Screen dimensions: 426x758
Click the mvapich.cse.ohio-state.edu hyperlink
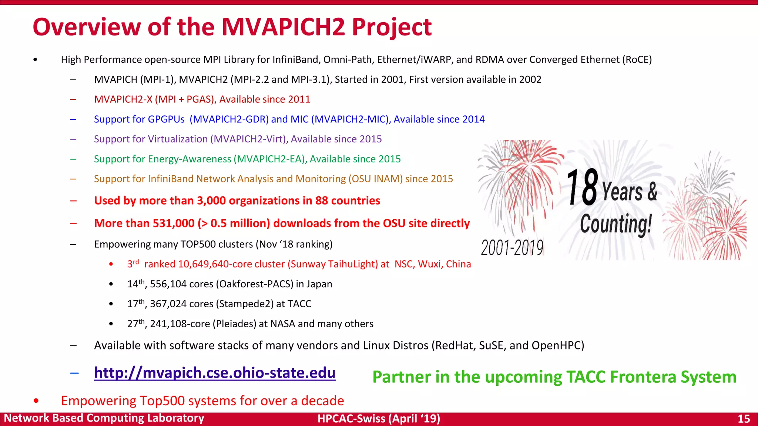tap(215, 373)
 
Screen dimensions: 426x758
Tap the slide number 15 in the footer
tap(744, 419)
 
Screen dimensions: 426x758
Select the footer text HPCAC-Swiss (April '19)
tap(379, 419)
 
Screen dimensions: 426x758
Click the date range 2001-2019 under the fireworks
tap(512, 247)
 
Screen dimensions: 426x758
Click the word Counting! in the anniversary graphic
tap(616, 224)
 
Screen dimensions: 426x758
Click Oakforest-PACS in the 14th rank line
tap(255, 284)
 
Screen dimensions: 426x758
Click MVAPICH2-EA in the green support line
tap(271, 159)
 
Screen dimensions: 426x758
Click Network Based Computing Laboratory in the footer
tap(104, 418)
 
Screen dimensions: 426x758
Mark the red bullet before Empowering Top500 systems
tap(36, 401)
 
